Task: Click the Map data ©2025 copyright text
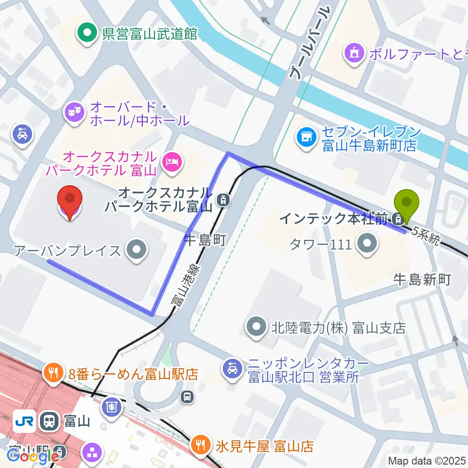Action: pos(428,461)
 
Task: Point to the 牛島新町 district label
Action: pos(422,279)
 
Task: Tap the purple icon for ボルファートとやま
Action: pos(354,54)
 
